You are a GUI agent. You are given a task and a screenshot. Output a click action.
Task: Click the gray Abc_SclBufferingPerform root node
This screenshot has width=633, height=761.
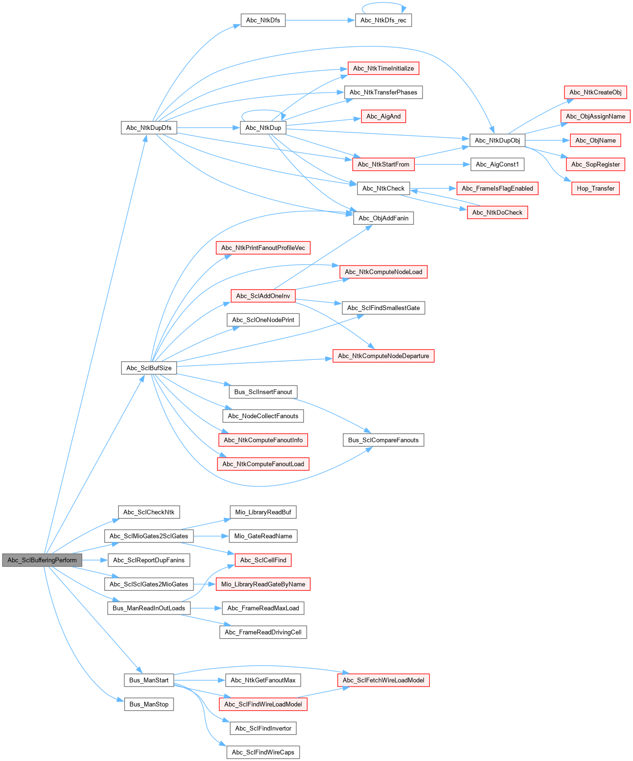(x=42, y=560)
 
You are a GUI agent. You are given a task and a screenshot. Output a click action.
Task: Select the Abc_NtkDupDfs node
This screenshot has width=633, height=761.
(x=148, y=128)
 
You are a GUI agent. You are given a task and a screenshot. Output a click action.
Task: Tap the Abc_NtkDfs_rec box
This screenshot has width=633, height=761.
(x=383, y=20)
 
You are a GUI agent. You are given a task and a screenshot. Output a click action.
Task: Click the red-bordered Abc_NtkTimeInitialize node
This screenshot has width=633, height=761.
(x=383, y=68)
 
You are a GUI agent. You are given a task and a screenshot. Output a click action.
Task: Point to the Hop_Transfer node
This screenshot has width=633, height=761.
(x=595, y=188)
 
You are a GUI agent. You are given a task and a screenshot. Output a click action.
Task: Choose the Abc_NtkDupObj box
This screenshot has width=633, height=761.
(x=497, y=140)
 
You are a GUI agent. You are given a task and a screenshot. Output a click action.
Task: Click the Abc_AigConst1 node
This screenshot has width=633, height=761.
(x=497, y=165)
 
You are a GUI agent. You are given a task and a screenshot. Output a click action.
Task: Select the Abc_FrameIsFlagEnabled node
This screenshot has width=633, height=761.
(x=497, y=188)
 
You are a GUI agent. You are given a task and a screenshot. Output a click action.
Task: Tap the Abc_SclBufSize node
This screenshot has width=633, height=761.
(x=148, y=368)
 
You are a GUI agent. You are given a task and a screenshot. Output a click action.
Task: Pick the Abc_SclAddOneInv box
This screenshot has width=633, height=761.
(x=263, y=296)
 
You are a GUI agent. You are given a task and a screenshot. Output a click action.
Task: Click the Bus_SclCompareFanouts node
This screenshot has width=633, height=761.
(x=383, y=440)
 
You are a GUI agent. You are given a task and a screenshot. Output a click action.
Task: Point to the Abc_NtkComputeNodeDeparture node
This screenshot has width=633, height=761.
(x=383, y=356)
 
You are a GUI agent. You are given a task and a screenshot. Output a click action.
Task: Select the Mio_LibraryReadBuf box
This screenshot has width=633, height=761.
(x=263, y=512)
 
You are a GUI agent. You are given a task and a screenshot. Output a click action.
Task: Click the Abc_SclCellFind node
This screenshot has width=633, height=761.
(x=263, y=560)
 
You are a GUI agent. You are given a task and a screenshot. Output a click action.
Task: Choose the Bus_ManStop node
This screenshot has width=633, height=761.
(x=148, y=704)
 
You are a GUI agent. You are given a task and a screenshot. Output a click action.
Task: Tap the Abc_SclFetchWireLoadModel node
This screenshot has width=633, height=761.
(x=383, y=680)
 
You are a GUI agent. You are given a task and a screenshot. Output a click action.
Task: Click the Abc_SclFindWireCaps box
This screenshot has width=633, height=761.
(x=263, y=752)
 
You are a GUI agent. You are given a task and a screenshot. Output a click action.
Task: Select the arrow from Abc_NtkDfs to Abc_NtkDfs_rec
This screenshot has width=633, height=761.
(x=320, y=20)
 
